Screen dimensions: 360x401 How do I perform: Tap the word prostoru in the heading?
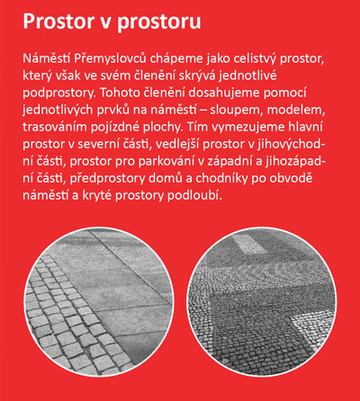coord(159,22)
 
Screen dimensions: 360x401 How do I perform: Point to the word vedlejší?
coord(176,145)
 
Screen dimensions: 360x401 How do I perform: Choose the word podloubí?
coord(194,196)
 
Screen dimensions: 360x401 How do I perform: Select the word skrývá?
coord(197,76)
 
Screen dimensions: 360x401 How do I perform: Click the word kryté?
coord(97,196)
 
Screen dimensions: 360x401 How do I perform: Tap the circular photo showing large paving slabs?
coord(99,302)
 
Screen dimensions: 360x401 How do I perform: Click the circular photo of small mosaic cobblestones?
coord(262,302)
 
